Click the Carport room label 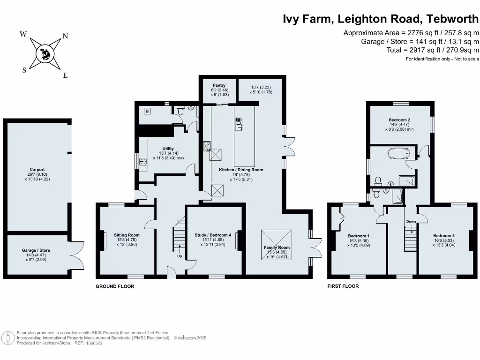(37, 170)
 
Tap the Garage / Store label (36, 250)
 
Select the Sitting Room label (127, 235)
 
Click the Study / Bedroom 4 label (213, 235)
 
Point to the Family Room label (277, 247)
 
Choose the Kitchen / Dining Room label (241, 170)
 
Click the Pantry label (219, 85)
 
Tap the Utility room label (168, 149)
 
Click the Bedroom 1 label (359, 235)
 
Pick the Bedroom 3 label (443, 235)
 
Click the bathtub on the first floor (399, 153)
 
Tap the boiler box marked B (148, 111)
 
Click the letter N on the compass (65, 36)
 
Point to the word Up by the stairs (180, 256)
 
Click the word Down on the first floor (411, 221)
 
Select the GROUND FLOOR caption (115, 286)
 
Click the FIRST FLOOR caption (343, 286)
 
